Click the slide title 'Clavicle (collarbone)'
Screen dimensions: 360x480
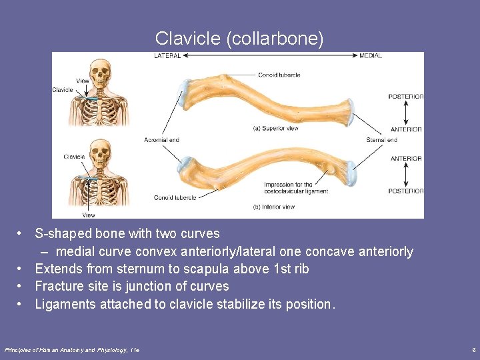coord(239,39)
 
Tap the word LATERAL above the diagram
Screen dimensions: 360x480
coord(167,56)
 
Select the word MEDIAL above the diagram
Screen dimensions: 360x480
coord(371,56)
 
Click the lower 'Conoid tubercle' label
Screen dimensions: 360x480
coord(175,198)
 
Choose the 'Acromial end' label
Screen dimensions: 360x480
coord(161,140)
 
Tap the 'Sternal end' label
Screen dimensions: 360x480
coord(381,140)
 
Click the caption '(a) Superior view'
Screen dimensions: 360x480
coord(275,128)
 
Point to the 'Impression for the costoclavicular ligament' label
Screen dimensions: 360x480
coord(288,188)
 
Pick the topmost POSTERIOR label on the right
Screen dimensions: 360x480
coord(405,97)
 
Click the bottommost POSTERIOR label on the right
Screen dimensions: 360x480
coord(405,191)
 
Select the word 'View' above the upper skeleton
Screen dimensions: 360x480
coord(83,81)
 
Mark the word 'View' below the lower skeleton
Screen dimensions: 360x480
coord(89,215)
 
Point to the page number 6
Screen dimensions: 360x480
coord(473,349)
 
